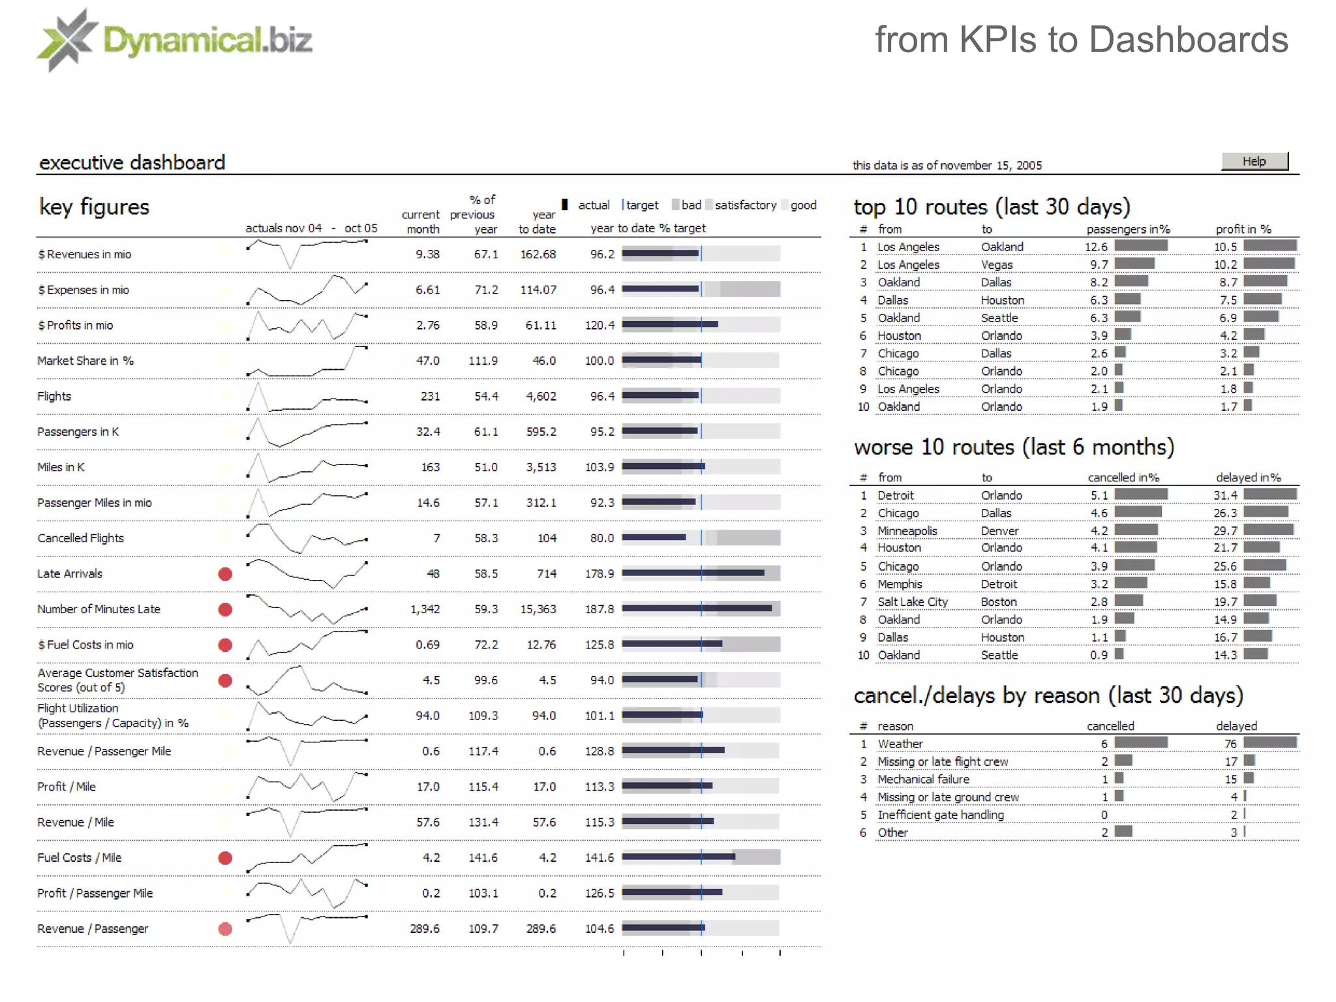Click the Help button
(1254, 161)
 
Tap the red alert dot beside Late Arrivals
(225, 574)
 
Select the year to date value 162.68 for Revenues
(538, 254)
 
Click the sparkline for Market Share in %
(307, 361)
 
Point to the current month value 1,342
(425, 609)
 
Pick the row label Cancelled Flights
(80, 538)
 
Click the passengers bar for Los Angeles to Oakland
(1140, 246)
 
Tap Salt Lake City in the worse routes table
(912, 602)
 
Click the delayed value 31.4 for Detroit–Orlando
(1224, 495)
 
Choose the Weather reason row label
(900, 744)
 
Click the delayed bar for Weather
(1269, 742)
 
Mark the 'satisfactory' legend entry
(745, 205)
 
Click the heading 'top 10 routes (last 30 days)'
(991, 207)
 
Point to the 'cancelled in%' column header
(1123, 478)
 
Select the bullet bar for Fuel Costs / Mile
(701, 857)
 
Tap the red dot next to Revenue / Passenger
(225, 929)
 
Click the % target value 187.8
(599, 609)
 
